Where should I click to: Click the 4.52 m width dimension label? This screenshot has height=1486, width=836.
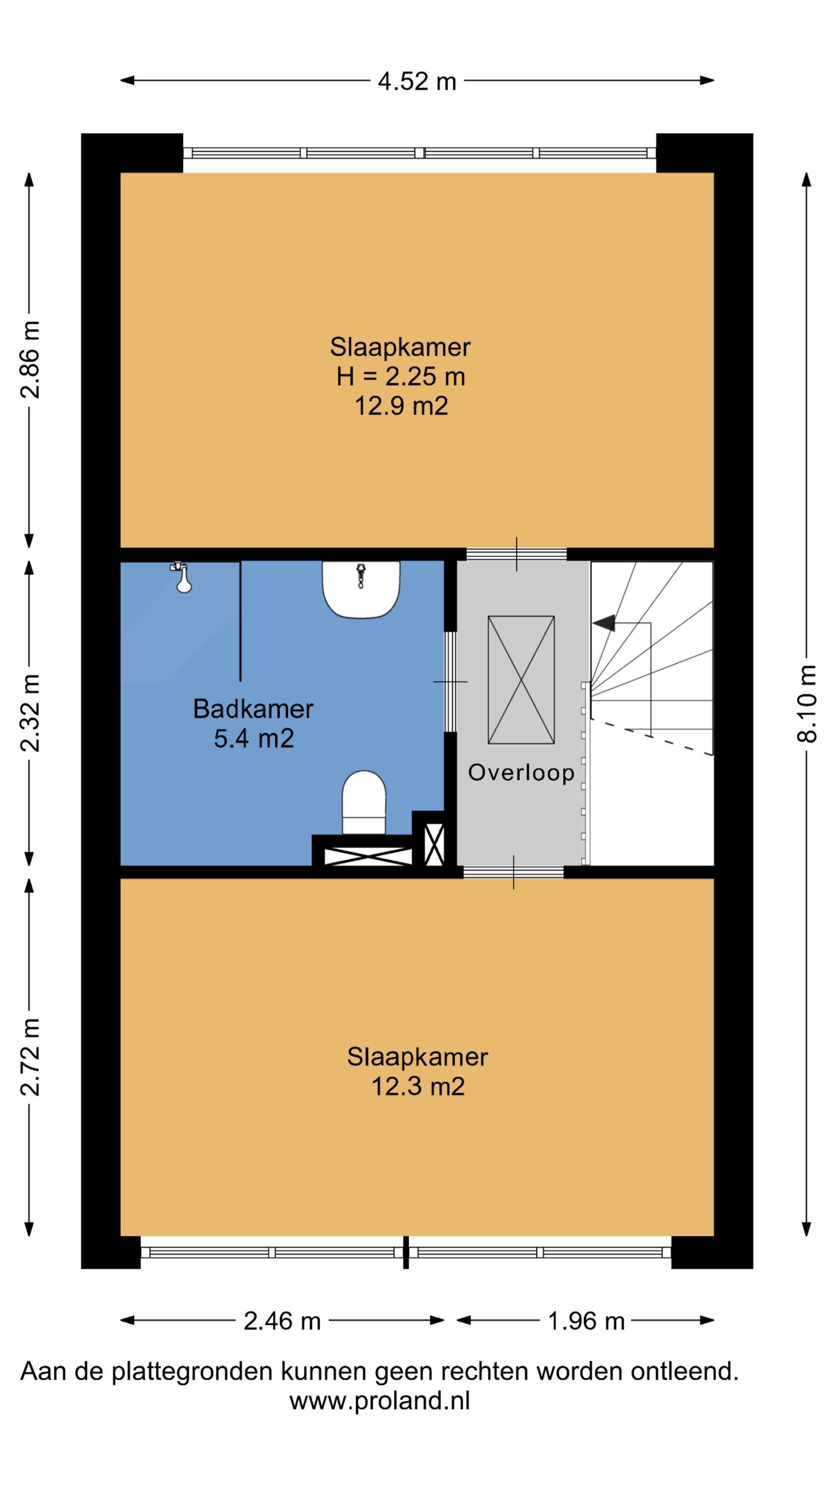click(417, 81)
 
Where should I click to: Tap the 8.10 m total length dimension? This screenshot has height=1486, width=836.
click(807, 704)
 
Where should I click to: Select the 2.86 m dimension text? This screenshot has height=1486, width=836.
click(30, 360)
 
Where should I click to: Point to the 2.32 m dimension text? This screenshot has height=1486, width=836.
click(30, 713)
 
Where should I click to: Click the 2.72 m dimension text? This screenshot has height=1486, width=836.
click(30, 1057)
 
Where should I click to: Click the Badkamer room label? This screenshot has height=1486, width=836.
click(253, 709)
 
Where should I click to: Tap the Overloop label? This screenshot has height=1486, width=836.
click(521, 773)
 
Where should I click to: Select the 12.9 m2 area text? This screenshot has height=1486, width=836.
click(401, 406)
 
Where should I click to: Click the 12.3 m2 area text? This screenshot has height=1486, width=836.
click(418, 1086)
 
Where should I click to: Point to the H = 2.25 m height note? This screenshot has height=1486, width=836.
click(401, 377)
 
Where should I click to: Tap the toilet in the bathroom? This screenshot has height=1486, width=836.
click(364, 803)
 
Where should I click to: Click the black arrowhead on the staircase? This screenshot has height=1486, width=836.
click(604, 623)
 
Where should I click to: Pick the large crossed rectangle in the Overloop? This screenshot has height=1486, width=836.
click(521, 680)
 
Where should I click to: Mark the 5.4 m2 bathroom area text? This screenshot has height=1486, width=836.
click(254, 738)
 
